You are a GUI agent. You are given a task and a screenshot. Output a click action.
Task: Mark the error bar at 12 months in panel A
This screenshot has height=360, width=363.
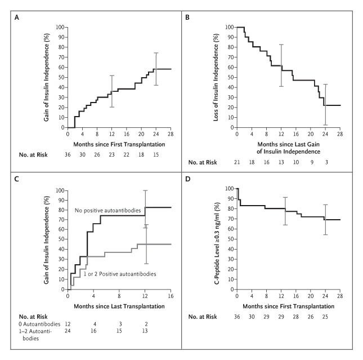[x=112, y=91]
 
